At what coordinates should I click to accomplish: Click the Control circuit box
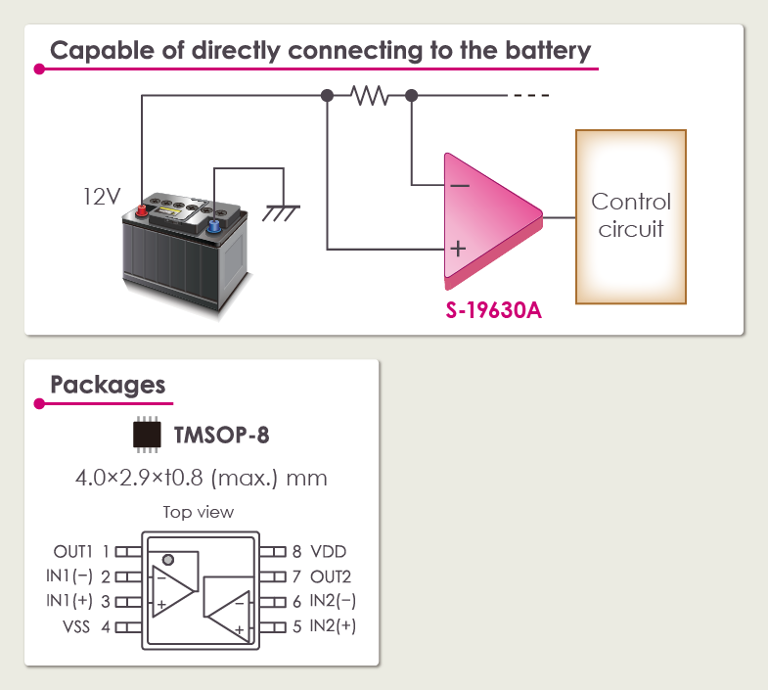point(631,216)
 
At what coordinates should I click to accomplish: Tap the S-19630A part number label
point(492,313)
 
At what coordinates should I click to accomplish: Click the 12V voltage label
point(101,197)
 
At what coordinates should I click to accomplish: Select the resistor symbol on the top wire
point(370,96)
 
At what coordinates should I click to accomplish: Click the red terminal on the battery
point(141,208)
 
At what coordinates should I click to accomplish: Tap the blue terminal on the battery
point(213,226)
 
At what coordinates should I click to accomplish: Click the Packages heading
point(108,384)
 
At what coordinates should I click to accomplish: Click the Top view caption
point(199,512)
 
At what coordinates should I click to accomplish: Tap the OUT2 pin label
point(331,576)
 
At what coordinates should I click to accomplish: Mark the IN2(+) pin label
point(333,625)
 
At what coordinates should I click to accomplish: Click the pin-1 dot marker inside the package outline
point(168,561)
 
